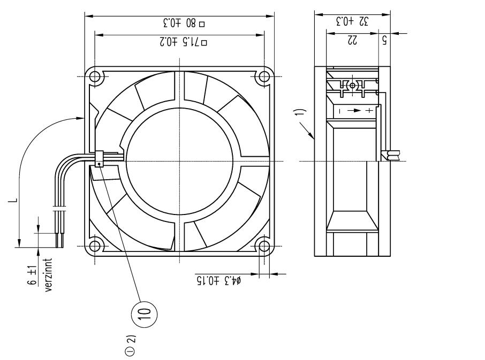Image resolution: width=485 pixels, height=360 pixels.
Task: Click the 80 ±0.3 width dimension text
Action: pos(179,23)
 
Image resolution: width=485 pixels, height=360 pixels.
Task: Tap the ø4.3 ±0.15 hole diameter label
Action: pos(217,280)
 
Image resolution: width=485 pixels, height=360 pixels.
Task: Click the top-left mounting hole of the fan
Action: pos(95,76)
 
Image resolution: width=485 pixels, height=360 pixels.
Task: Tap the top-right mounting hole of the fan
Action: pos(263,76)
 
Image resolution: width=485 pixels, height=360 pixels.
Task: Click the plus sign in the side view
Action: pos(368,111)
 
